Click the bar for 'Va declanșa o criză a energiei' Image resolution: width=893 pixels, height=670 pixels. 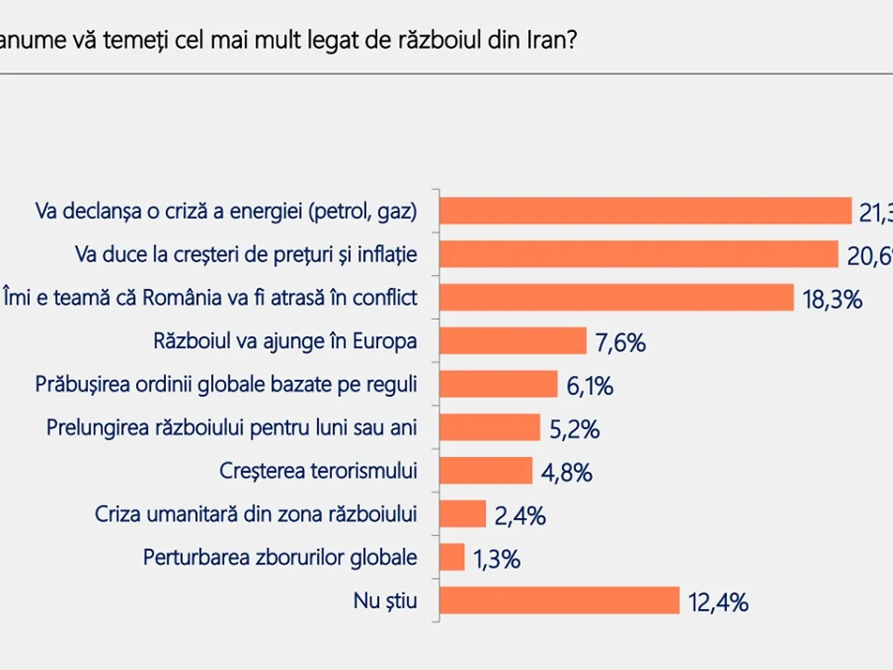tap(645, 211)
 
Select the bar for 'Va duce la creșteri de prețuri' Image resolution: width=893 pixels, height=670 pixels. tap(638, 254)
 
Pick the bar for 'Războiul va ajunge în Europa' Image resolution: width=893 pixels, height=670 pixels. tap(513, 340)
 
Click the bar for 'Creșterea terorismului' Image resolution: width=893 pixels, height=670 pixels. tap(486, 470)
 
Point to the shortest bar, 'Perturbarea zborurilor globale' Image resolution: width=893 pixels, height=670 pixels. tap(452, 557)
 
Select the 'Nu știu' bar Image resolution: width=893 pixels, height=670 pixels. tap(559, 600)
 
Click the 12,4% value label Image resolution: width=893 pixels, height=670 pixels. tap(717, 602)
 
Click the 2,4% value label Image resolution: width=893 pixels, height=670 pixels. tap(519, 514)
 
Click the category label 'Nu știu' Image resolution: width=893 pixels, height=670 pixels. tap(385, 601)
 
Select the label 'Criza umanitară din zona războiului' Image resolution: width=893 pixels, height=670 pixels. tap(256, 514)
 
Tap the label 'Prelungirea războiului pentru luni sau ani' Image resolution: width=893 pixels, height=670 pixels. tap(231, 427)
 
